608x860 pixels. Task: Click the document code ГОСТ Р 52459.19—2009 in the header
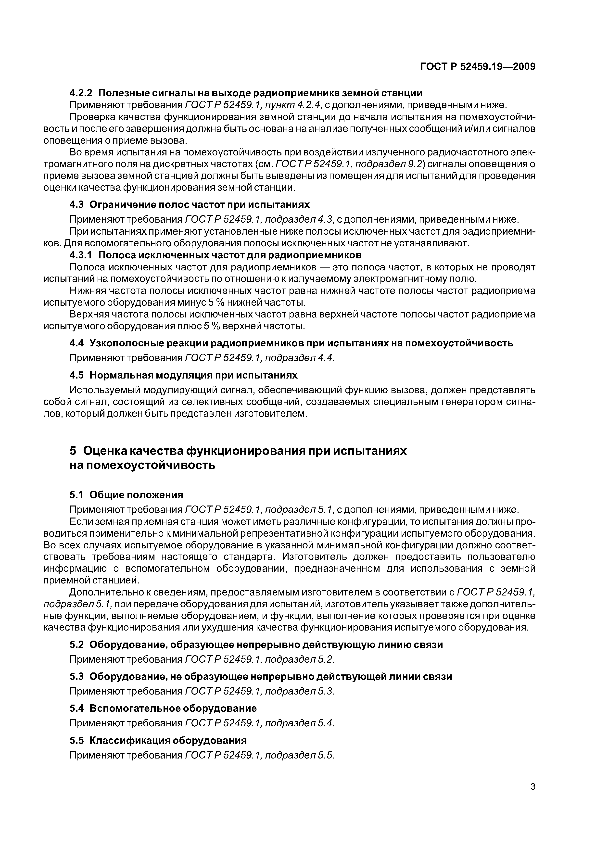(x=478, y=67)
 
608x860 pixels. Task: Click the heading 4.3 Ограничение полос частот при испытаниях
(x=190, y=204)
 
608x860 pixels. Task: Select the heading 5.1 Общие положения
(x=126, y=495)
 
